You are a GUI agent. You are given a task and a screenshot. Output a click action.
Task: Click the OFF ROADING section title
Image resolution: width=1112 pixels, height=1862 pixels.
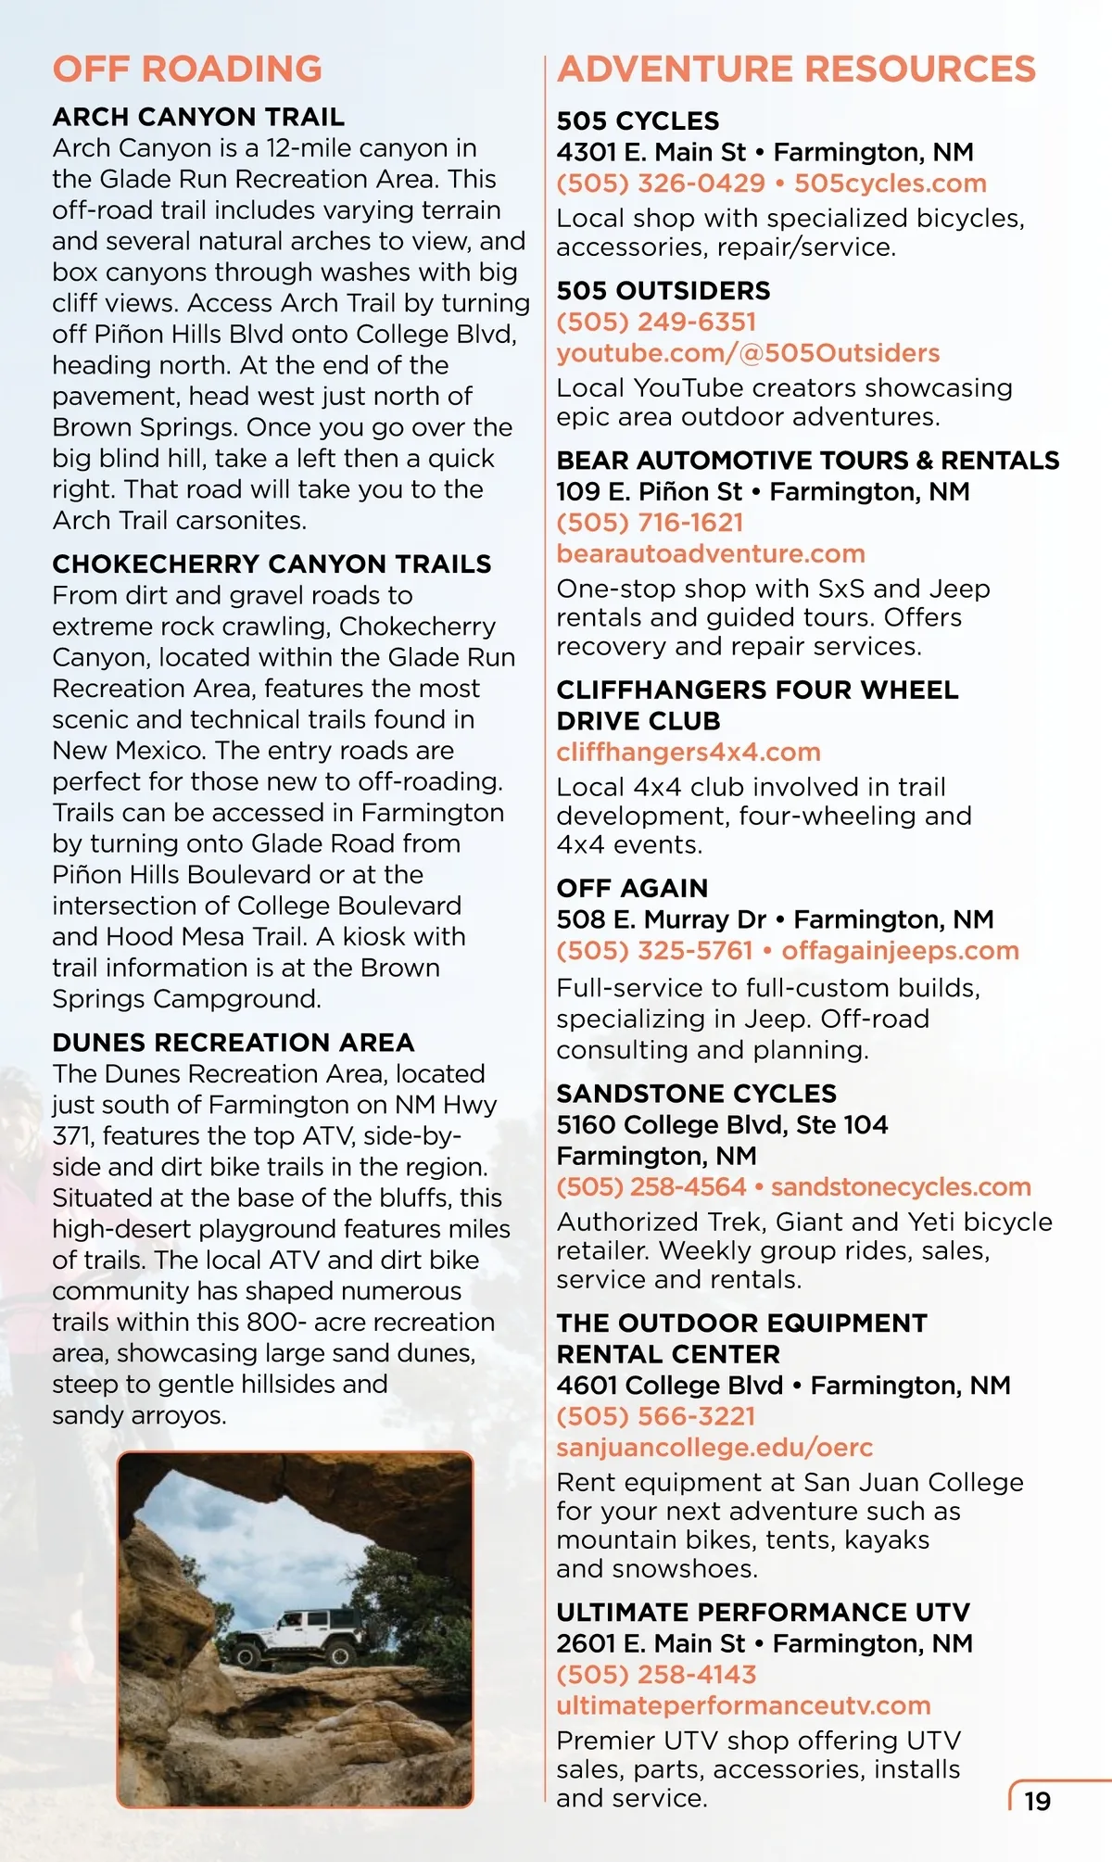[x=187, y=70]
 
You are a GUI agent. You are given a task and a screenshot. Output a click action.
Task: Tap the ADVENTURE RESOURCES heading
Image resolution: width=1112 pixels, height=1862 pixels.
[x=796, y=70]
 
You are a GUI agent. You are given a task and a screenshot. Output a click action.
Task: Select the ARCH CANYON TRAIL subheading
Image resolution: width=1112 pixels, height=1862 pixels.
[x=198, y=117]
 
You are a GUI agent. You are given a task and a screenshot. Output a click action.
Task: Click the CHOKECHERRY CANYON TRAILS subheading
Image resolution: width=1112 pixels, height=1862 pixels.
[x=272, y=564]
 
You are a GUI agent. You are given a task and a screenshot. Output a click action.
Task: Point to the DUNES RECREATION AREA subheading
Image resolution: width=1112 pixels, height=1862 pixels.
[x=233, y=1043]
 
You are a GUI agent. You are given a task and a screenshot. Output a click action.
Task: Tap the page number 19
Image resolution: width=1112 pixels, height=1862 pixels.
[x=1037, y=1801]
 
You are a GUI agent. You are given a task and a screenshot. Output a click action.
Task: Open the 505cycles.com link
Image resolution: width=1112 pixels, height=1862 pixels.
[x=891, y=184]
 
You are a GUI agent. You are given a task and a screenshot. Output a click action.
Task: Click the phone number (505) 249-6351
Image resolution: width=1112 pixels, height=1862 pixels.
[x=656, y=322]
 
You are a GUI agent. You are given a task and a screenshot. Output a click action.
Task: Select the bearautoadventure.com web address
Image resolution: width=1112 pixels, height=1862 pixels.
[x=711, y=553]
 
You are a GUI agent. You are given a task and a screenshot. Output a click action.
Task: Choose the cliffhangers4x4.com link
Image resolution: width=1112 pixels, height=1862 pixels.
[x=689, y=752]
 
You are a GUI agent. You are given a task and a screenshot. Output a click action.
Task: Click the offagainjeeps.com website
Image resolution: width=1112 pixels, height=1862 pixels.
[x=900, y=950]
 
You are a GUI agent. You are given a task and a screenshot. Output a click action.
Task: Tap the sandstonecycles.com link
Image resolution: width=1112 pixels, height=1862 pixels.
[x=901, y=1186]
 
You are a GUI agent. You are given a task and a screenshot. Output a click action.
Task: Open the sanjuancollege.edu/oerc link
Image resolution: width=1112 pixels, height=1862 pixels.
[x=714, y=1447]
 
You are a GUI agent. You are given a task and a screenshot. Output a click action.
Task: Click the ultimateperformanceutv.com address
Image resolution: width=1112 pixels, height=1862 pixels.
[x=743, y=1705]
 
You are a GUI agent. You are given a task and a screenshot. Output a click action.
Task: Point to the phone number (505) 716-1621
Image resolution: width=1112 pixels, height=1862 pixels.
[x=650, y=523]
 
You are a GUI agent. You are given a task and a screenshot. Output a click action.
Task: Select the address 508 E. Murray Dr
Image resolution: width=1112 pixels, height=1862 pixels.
[x=661, y=919]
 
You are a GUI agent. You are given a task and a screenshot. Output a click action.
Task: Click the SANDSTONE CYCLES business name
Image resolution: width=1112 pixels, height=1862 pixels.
[x=696, y=1094]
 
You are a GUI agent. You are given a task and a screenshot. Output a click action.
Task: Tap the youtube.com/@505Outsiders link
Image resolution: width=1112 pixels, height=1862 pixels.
[x=748, y=353]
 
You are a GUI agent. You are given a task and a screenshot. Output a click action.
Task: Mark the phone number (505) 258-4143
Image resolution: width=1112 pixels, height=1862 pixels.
[x=656, y=1674]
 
